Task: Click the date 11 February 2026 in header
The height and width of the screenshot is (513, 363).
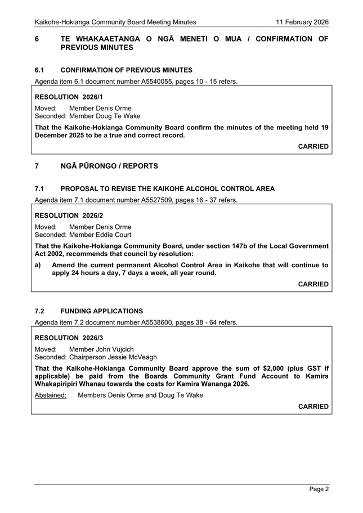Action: pos(302,22)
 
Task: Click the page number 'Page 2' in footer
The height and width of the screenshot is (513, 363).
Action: pos(319,489)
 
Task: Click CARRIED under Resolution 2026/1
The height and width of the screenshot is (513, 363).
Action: pos(313,146)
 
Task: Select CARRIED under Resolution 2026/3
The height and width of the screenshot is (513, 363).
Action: pos(313,406)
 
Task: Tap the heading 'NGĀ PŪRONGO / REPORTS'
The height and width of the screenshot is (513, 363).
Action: pos(109,166)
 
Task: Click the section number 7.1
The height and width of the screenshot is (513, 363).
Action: pos(39,189)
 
